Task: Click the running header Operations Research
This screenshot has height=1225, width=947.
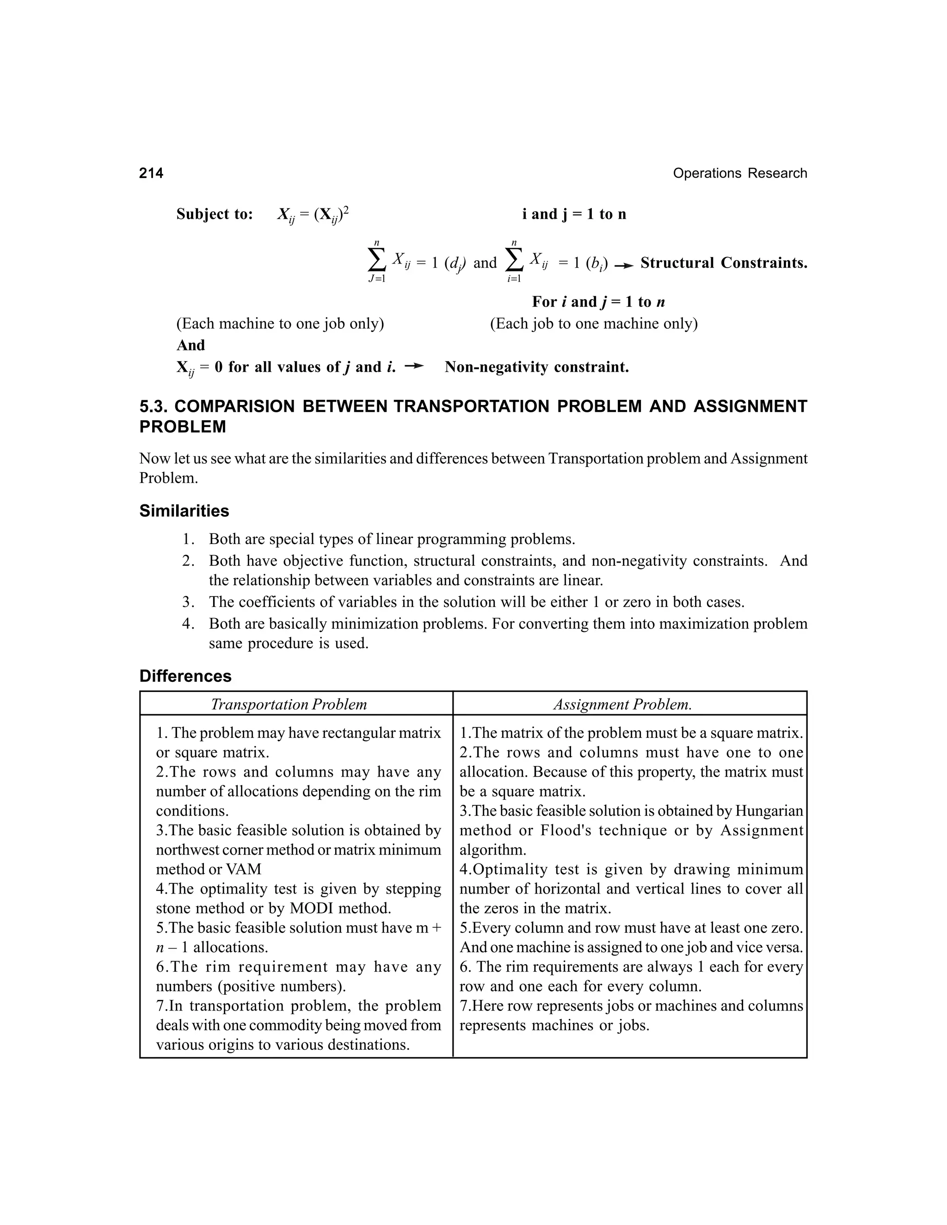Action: pyautogui.click(x=739, y=173)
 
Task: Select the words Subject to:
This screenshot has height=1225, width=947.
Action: pyautogui.click(x=214, y=214)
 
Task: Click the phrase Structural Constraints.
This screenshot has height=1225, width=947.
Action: pyautogui.click(x=723, y=263)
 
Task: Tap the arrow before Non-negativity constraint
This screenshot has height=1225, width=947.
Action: pyautogui.click(x=414, y=366)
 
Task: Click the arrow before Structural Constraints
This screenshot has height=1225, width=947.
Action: pyautogui.click(x=623, y=265)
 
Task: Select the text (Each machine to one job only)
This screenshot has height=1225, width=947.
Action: pyautogui.click(x=280, y=324)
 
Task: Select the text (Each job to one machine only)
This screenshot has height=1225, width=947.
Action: pyautogui.click(x=594, y=324)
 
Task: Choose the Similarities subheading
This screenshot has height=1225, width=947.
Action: pyautogui.click(x=184, y=511)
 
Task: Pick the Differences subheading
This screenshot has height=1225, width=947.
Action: pyautogui.click(x=185, y=676)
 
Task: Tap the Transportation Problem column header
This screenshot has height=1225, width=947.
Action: pyautogui.click(x=289, y=704)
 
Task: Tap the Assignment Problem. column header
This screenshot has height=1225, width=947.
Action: pyautogui.click(x=623, y=704)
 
